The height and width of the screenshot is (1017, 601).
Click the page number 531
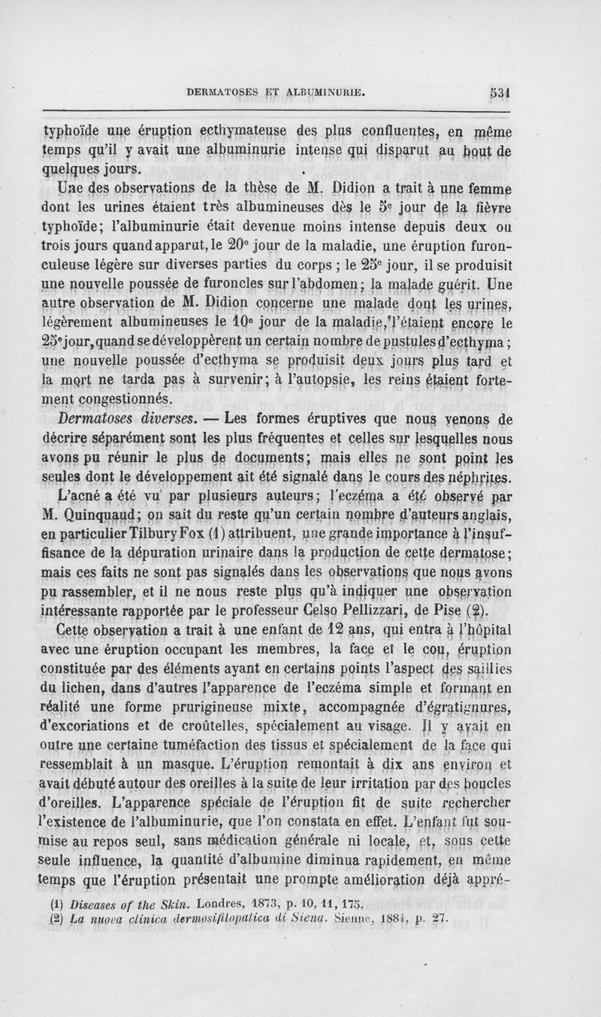500,93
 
